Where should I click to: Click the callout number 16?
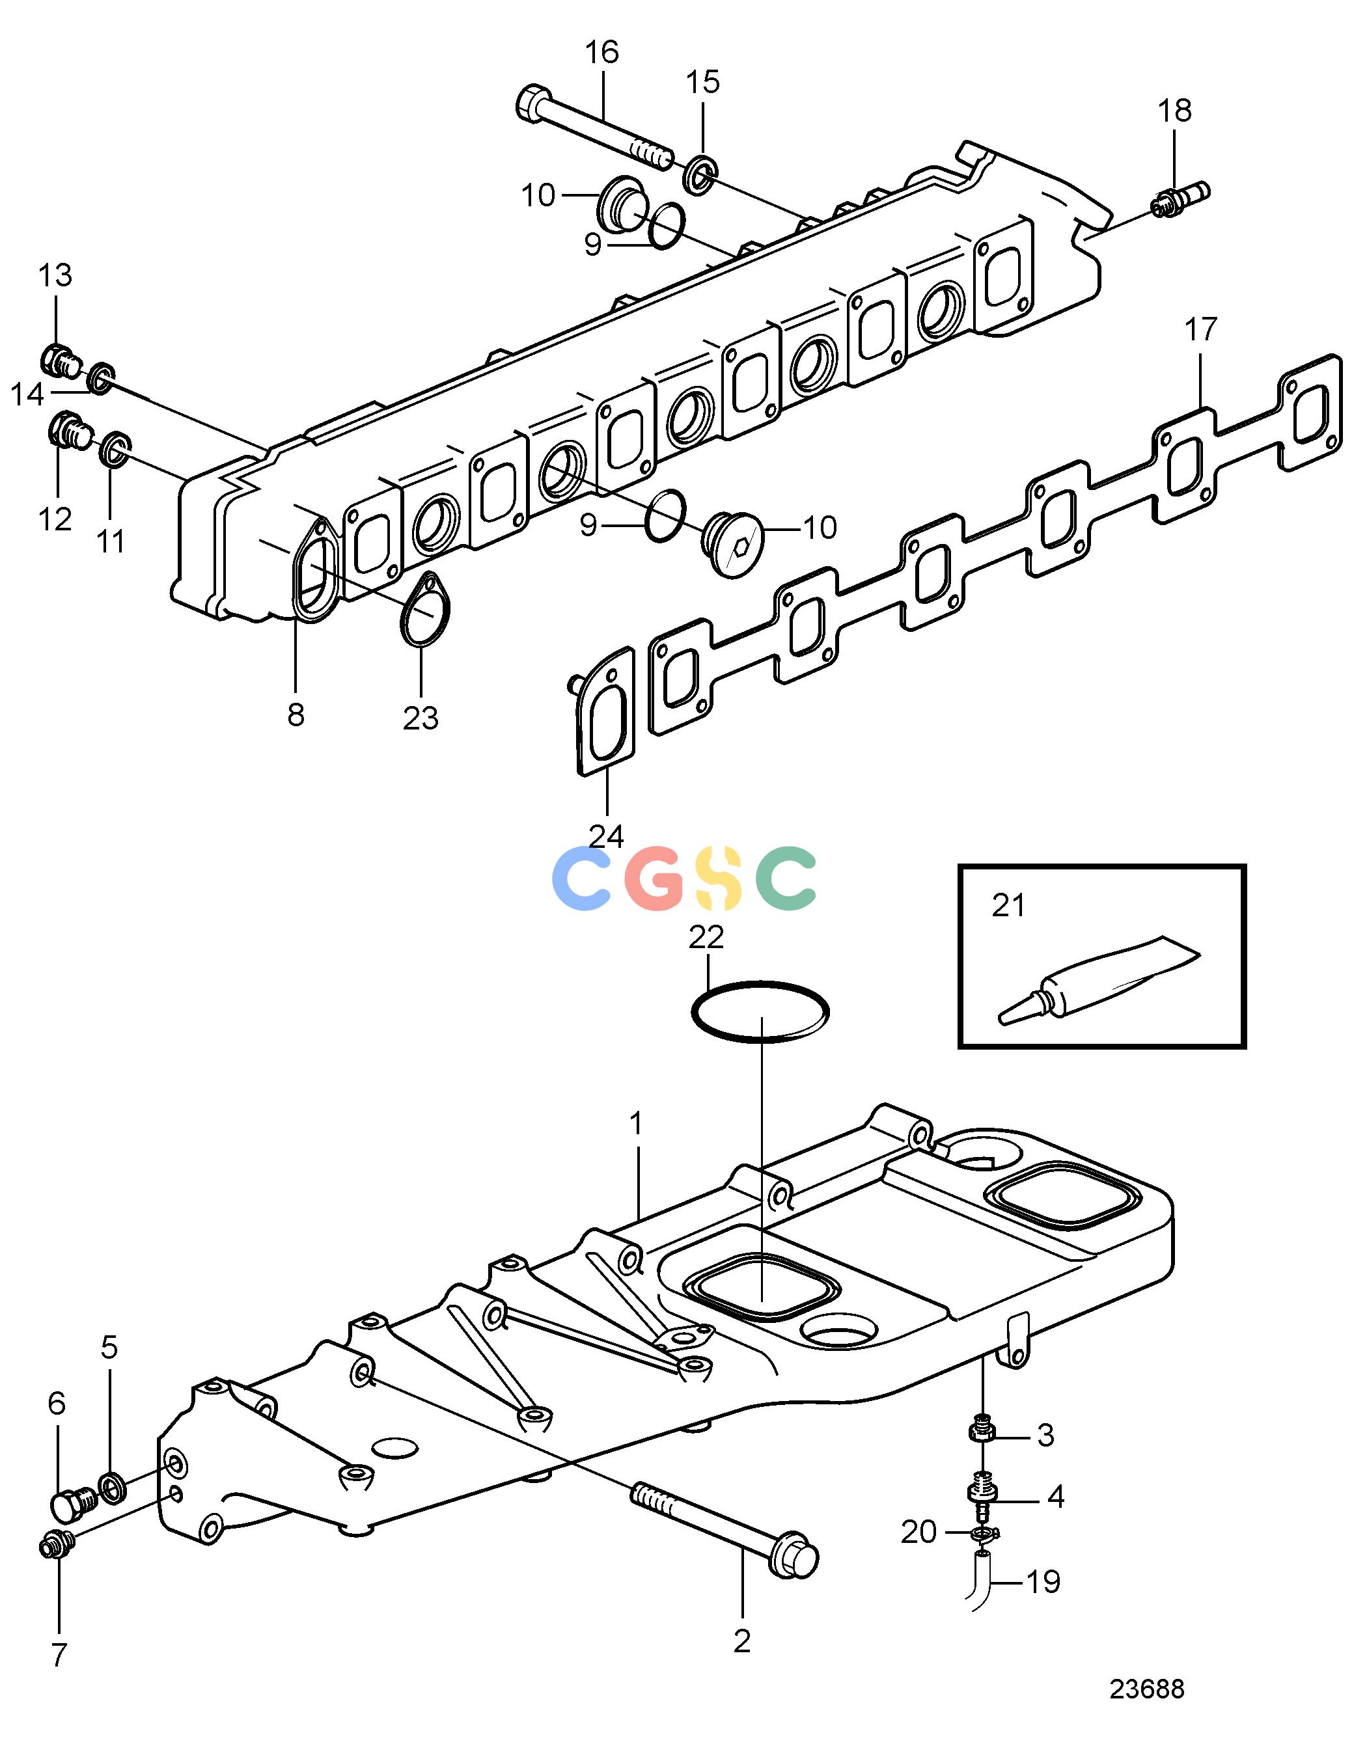click(x=602, y=53)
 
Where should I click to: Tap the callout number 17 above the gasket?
click(x=1200, y=329)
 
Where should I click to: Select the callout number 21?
click(x=1008, y=906)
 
